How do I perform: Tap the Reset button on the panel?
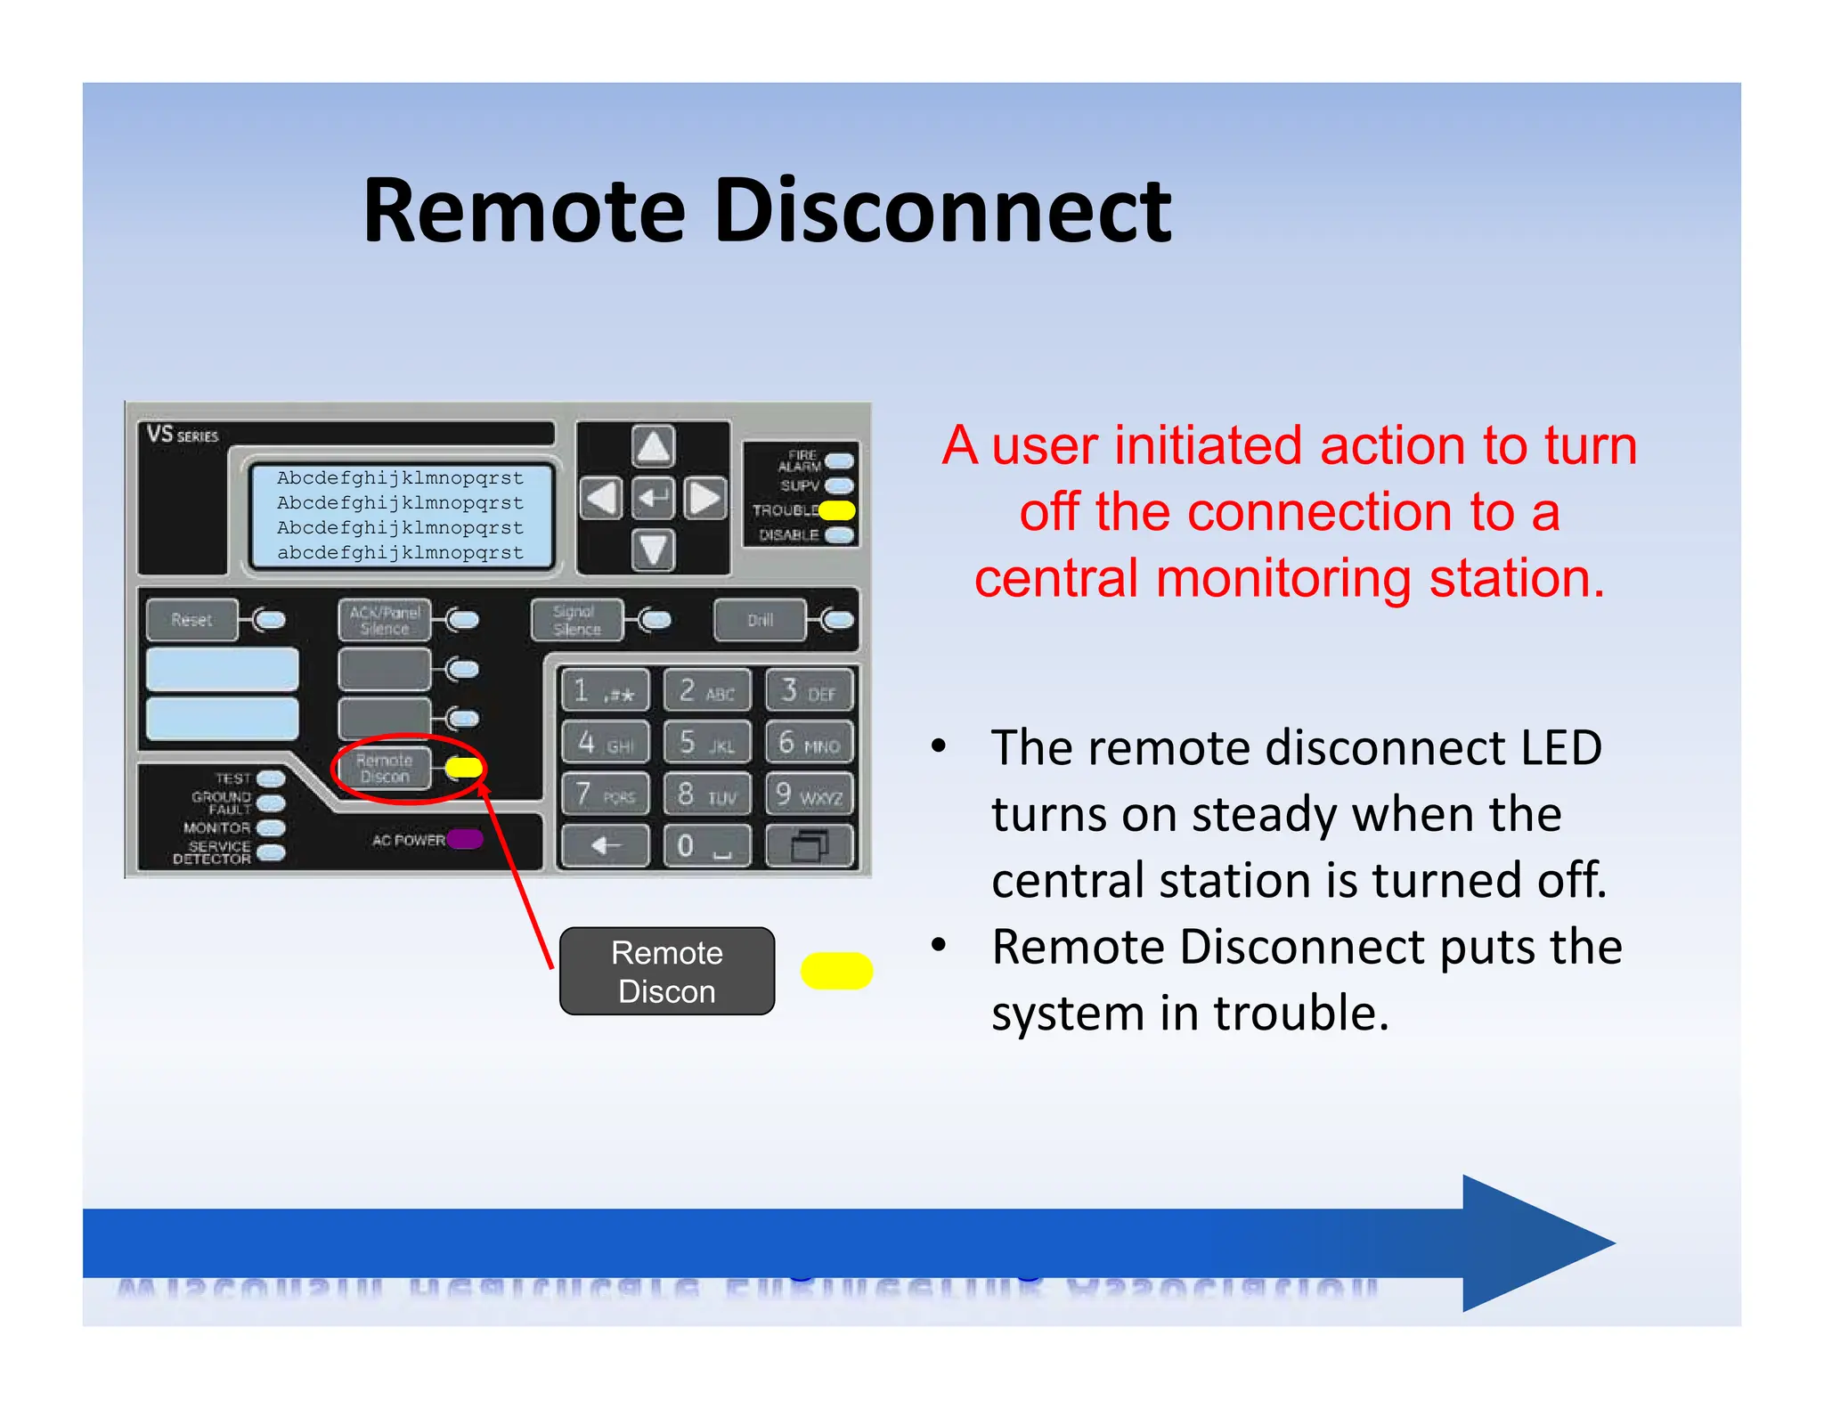[x=191, y=620]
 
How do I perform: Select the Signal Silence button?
[x=575, y=620]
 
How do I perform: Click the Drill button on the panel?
[x=760, y=620]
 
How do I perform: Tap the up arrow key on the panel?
[x=653, y=446]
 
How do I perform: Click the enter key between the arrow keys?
[x=653, y=498]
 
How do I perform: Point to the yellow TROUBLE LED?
[x=837, y=510]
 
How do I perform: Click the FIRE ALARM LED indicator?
[x=839, y=460]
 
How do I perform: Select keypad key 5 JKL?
[x=707, y=742]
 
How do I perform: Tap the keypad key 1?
[x=605, y=691]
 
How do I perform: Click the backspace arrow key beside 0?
[x=605, y=845]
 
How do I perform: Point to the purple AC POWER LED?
[x=465, y=839]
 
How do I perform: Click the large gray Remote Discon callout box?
[x=666, y=972]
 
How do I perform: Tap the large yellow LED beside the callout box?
[x=836, y=971]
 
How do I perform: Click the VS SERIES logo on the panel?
[x=183, y=435]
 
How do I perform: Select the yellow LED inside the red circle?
[x=464, y=768]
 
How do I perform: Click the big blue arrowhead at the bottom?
[x=1532, y=1243]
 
